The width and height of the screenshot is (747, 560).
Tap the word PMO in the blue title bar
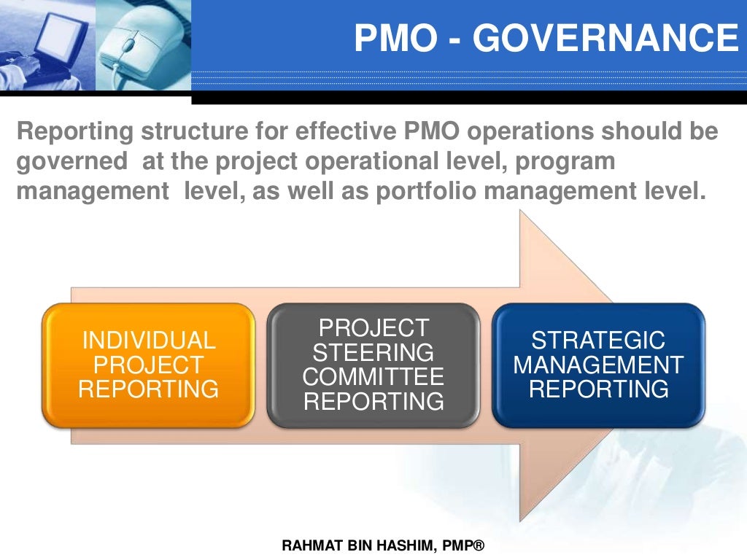click(x=393, y=38)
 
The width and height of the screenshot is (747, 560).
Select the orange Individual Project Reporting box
click(x=148, y=365)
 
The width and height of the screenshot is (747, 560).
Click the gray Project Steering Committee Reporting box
click(x=373, y=365)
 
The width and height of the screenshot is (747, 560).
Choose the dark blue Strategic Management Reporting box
click(x=598, y=365)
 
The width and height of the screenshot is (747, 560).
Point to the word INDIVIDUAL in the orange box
click(x=148, y=341)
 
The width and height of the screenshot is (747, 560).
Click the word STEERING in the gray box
click(x=373, y=353)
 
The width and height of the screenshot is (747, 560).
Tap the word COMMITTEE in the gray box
click(x=373, y=377)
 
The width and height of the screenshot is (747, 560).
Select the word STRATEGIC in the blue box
click(x=598, y=341)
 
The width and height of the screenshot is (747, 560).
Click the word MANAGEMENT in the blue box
click(x=598, y=365)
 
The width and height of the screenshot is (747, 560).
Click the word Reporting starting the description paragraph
click(x=74, y=132)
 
